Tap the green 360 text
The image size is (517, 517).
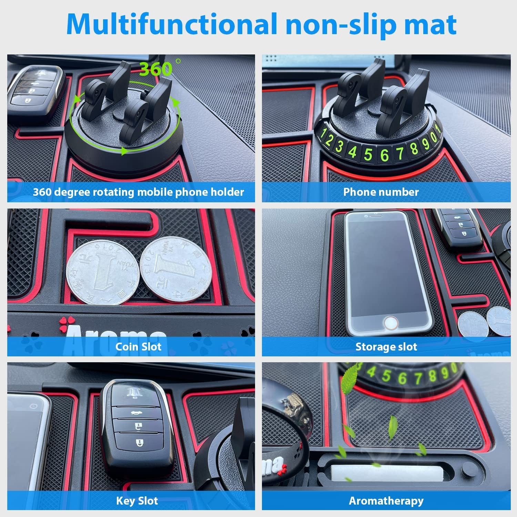coord(156,69)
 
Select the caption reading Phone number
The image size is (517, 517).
coord(381,192)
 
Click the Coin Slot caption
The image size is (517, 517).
coord(138,346)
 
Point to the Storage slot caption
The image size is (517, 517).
coord(386,346)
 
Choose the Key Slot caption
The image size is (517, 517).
coord(137,500)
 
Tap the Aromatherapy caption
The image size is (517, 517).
coord(386,500)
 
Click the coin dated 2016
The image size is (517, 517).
coord(102,272)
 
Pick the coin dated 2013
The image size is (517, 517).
coord(171,269)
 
